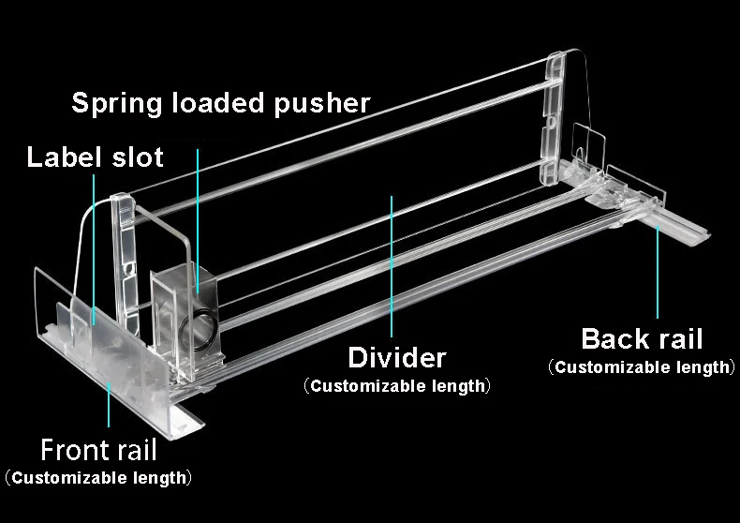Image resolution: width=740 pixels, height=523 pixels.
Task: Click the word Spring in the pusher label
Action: [118, 102]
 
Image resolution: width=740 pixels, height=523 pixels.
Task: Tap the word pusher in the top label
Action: [322, 102]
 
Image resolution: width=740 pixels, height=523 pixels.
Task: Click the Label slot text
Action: [95, 156]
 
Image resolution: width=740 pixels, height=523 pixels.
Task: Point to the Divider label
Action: [396, 357]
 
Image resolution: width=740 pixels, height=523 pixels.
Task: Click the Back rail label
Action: [642, 338]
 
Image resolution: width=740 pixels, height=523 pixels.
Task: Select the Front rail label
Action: [98, 450]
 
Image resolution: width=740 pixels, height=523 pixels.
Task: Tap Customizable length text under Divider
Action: [396, 385]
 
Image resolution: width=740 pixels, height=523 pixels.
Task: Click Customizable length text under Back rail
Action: [642, 366]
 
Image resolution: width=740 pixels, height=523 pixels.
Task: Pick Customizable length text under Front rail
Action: [98, 478]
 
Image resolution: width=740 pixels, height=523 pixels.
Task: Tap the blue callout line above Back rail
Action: [658, 272]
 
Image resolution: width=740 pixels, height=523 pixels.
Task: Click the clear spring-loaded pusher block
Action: [187, 319]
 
